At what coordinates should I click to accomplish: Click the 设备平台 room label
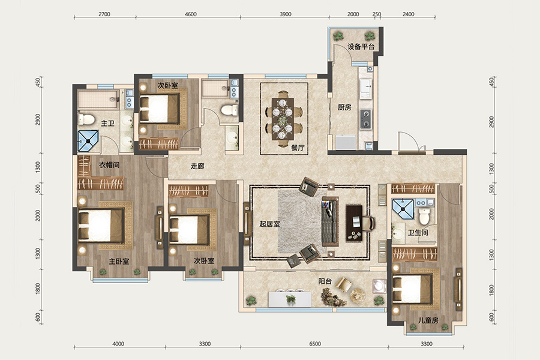click(361, 47)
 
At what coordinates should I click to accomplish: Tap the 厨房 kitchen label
click(344, 107)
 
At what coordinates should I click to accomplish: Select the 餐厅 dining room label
click(298, 148)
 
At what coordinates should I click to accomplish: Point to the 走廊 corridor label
click(197, 166)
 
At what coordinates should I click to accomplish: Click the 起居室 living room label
click(269, 224)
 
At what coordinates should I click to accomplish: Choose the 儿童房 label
click(428, 320)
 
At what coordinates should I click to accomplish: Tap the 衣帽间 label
click(109, 164)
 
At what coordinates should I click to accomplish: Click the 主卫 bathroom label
click(107, 123)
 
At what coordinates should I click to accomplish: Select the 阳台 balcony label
click(325, 281)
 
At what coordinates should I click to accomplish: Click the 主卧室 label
click(119, 262)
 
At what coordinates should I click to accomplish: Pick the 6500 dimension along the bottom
click(315, 343)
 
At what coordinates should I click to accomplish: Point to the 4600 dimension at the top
click(190, 14)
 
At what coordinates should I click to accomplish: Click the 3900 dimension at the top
click(286, 14)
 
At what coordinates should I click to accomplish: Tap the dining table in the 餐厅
click(283, 119)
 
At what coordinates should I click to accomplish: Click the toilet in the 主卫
click(86, 119)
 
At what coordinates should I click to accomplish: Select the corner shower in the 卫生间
click(403, 209)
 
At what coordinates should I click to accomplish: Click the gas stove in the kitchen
click(365, 119)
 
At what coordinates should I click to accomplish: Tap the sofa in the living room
click(330, 221)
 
